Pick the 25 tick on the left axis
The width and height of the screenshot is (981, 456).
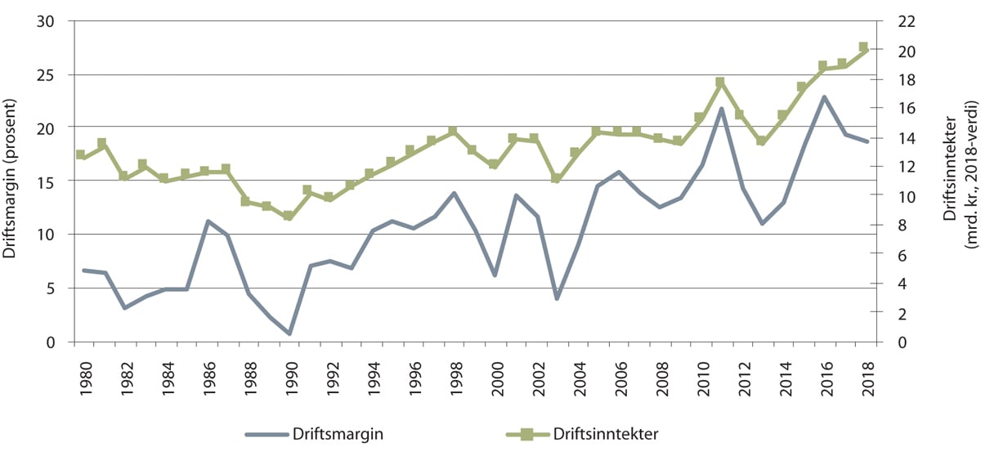point(55,74)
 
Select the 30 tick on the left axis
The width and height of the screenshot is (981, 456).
point(55,21)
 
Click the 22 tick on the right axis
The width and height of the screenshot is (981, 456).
point(893,21)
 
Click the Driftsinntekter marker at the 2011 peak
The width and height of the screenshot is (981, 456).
point(720,83)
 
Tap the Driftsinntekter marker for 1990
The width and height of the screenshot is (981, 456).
point(288,216)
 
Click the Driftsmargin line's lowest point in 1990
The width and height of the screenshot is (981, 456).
point(289,333)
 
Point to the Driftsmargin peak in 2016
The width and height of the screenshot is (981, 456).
point(823,97)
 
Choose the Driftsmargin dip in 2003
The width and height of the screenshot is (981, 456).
point(557,298)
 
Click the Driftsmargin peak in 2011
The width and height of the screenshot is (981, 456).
point(720,109)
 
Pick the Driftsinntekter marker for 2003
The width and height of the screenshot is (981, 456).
point(556,178)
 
